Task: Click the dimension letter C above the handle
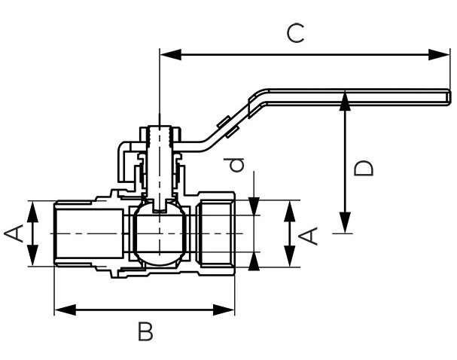[296, 34]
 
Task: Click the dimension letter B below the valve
[145, 331]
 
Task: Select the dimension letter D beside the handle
[363, 168]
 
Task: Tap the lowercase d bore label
[236, 165]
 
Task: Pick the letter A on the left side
[14, 233]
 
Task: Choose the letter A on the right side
[309, 236]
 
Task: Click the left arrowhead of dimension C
[170, 54]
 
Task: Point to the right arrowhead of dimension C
[439, 54]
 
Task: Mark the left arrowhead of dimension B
[65, 310]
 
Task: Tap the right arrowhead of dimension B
[224, 310]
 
